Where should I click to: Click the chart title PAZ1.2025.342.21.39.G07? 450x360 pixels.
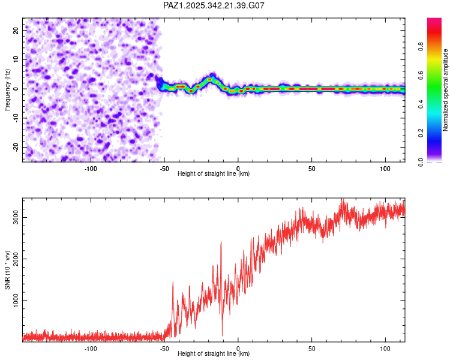214,5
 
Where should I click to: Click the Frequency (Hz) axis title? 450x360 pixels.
7,90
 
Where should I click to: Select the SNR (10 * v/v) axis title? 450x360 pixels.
7,270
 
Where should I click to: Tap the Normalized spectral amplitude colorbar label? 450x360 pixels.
445,90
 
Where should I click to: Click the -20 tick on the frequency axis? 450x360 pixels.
16,147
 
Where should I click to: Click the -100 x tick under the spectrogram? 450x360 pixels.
91,168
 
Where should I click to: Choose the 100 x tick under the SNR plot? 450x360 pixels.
385,348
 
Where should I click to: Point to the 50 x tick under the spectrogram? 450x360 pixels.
311,168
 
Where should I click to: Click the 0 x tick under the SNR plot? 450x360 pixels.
238,348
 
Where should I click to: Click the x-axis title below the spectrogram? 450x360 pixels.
214,174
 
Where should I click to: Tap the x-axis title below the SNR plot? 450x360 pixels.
214,354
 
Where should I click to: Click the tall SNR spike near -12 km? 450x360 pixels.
221,243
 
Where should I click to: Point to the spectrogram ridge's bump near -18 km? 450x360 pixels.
211,79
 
